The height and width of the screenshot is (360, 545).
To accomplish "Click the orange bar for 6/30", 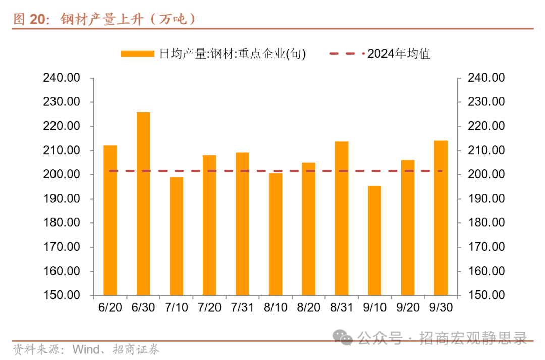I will (143, 204).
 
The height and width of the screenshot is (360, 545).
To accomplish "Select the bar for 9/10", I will (374, 241).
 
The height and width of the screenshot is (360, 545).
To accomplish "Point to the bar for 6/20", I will (110, 220).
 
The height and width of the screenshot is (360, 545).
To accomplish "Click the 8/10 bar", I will (276, 234).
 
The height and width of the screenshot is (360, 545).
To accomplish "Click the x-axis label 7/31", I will (242, 308).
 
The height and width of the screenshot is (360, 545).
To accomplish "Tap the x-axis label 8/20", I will (308, 308).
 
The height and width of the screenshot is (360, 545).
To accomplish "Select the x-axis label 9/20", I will (407, 308).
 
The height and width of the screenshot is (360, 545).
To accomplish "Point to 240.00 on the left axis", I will (62, 78).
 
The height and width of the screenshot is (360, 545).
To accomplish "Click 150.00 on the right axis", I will (486, 295).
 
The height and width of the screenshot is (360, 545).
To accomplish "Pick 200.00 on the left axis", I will (62, 174).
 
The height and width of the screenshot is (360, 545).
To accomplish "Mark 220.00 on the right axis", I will (486, 126).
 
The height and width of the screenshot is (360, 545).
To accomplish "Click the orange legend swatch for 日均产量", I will (137, 54).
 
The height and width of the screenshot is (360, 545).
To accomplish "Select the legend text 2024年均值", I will (399, 54).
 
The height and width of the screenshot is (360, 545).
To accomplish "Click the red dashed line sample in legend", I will (346, 54).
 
